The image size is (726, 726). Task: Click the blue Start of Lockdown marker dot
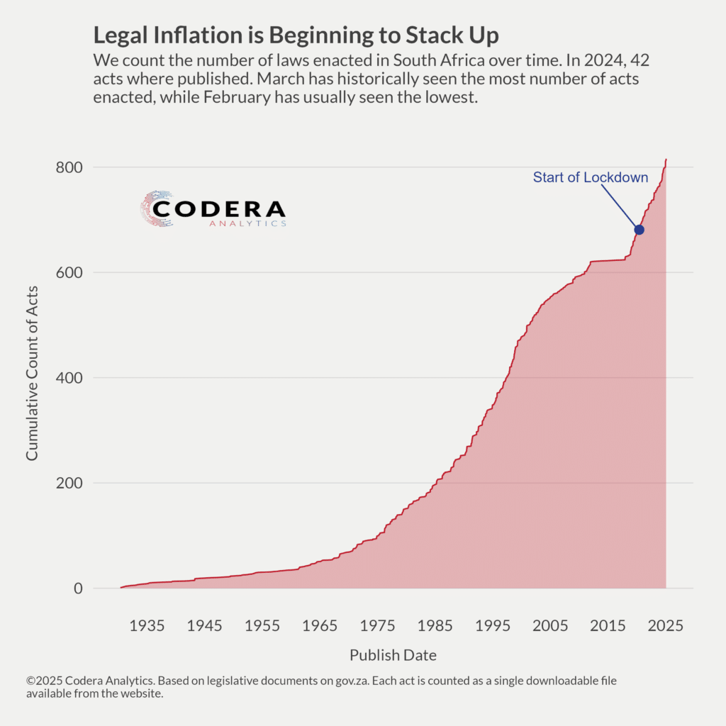(x=639, y=230)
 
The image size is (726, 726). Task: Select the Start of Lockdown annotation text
(x=591, y=177)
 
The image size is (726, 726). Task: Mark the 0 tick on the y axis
(x=78, y=588)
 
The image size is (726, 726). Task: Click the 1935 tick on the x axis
(x=147, y=625)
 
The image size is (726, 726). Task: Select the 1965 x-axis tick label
(x=320, y=625)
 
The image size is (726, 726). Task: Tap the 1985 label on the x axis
(x=435, y=625)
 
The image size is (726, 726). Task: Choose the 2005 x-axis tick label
(x=551, y=625)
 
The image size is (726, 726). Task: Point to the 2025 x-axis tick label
(x=666, y=625)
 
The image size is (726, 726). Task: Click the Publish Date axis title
(x=393, y=654)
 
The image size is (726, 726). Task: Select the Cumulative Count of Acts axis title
(x=33, y=372)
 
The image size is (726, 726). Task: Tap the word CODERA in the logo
(x=219, y=209)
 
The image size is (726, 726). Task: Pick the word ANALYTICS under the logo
(x=248, y=224)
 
